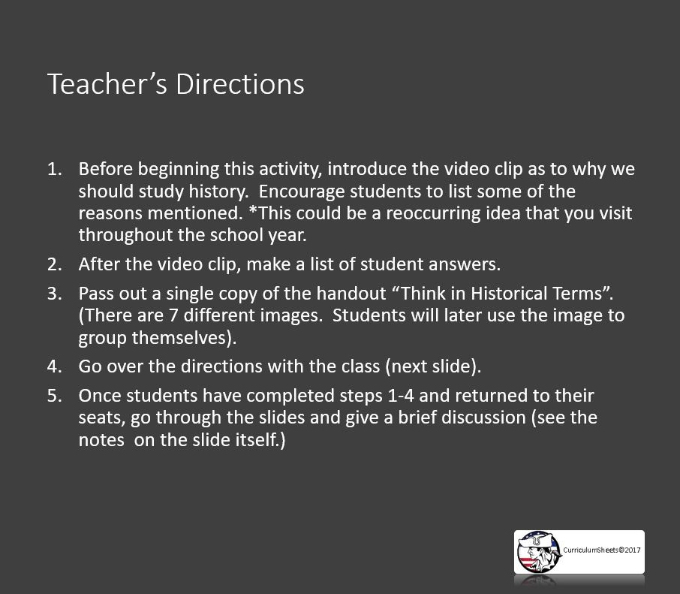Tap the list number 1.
[x=54, y=169]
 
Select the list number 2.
[x=54, y=264]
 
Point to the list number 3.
[x=54, y=293]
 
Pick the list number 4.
[x=54, y=366]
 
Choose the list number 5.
[x=54, y=395]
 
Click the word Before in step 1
[x=104, y=169]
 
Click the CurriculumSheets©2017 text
[x=602, y=550]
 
